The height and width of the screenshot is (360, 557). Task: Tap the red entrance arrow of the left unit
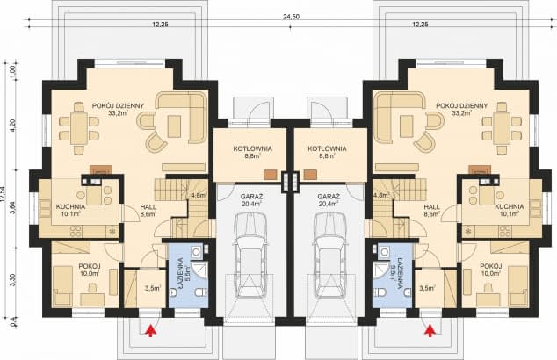151,331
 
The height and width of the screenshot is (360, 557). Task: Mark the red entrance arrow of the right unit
430,331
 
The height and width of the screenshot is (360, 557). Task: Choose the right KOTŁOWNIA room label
327,149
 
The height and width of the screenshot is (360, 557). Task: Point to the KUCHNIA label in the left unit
70,207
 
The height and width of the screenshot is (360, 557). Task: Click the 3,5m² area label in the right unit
428,287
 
